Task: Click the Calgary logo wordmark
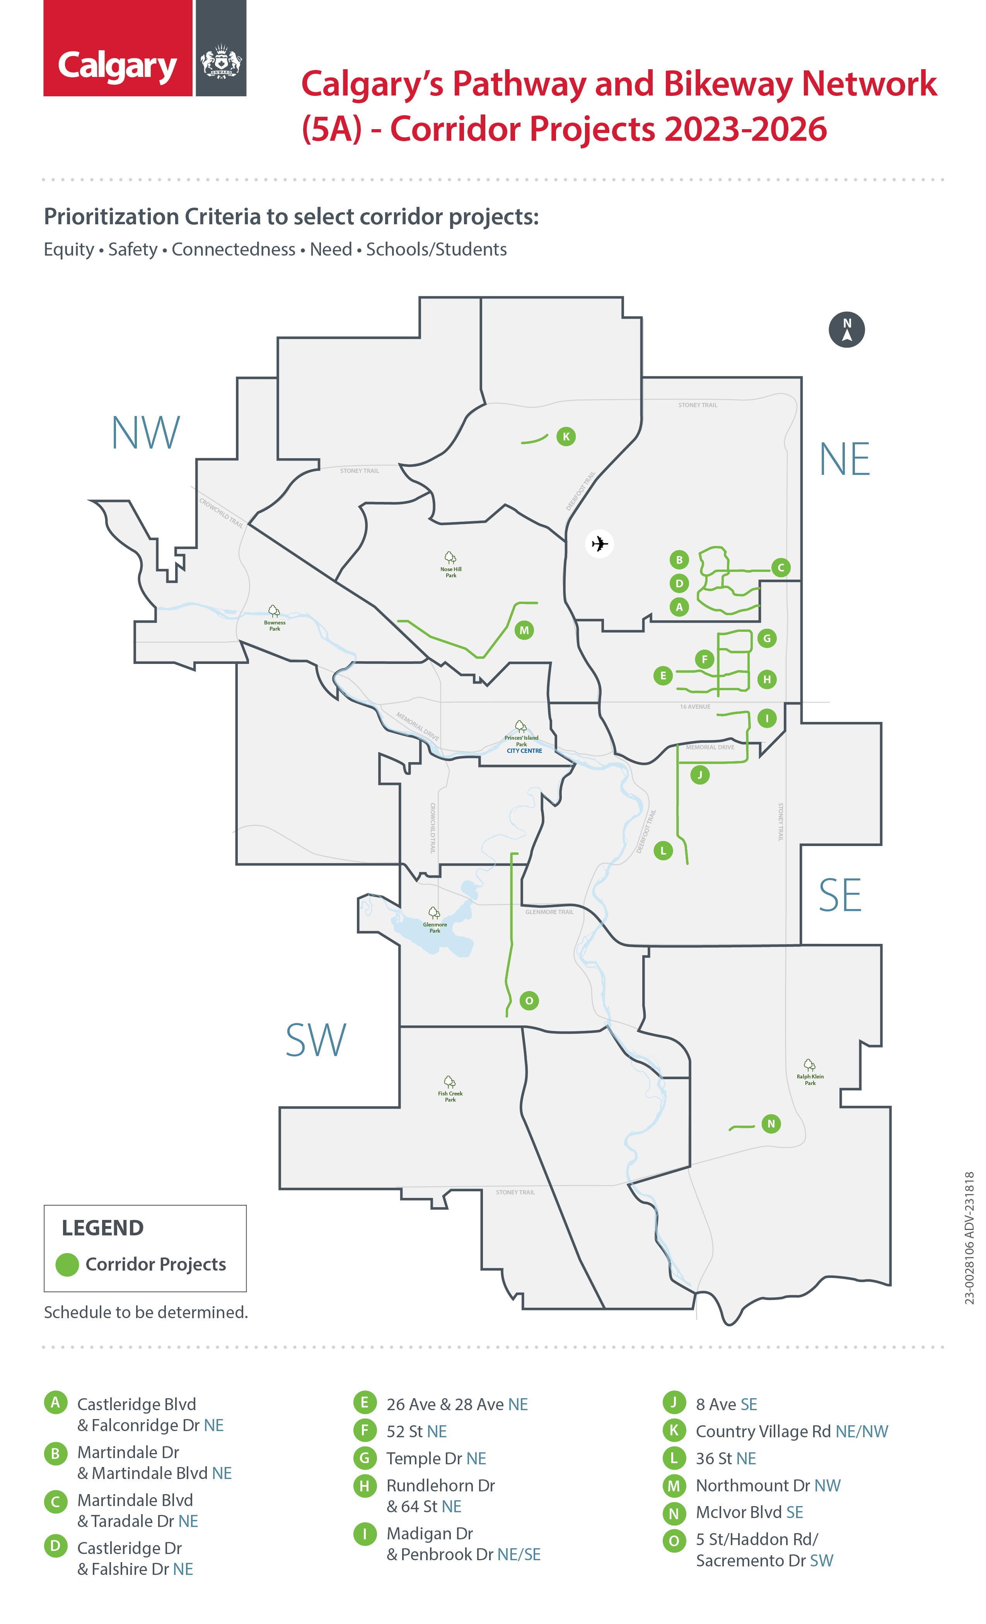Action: pos(117,66)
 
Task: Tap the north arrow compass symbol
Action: pos(846,329)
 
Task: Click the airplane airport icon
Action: pos(599,544)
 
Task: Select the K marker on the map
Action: pos(565,436)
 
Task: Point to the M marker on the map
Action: pos(524,630)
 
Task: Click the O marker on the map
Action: pos(529,1001)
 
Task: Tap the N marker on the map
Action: pos(771,1124)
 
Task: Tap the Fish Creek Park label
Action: pos(450,1096)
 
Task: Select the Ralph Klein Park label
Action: pos(810,1080)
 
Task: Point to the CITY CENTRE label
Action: pos(524,751)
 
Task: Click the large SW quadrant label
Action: pos(315,1040)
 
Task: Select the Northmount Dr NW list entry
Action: pos(768,1486)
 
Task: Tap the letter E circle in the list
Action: pos(365,1402)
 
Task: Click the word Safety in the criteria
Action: pos(133,250)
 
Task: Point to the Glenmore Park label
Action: pos(434,927)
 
